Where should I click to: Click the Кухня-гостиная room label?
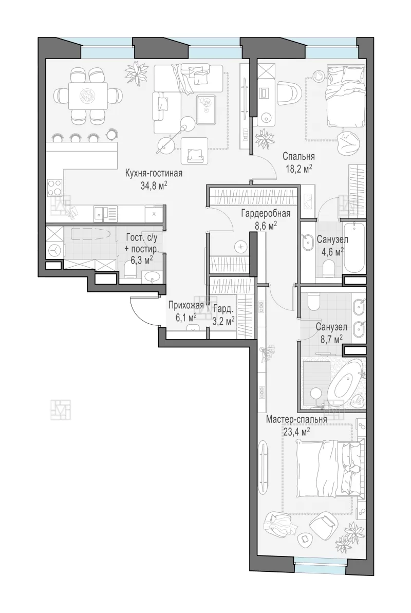click(x=154, y=173)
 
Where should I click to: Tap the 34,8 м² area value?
click(x=154, y=185)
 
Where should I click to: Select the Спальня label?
click(x=299, y=157)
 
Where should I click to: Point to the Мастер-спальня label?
click(x=296, y=419)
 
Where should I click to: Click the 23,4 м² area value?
click(x=296, y=431)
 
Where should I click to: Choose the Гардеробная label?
click(x=266, y=213)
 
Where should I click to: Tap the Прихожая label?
click(x=186, y=306)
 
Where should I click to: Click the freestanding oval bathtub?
click(x=345, y=380)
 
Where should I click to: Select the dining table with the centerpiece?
click(x=88, y=96)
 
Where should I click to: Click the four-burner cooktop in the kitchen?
click(x=54, y=187)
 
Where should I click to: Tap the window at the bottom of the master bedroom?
click(x=320, y=568)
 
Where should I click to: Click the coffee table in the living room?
click(x=207, y=109)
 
